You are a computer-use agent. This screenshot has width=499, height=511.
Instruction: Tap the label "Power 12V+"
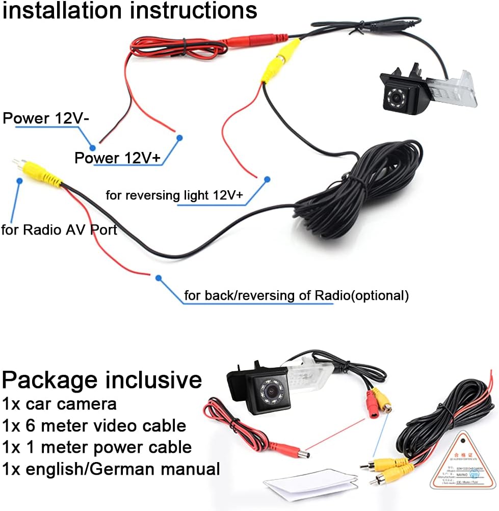click(x=118, y=158)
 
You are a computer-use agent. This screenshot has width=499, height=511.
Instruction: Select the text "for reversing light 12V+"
click(x=174, y=195)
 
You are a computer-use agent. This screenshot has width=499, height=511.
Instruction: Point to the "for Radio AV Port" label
click(x=59, y=230)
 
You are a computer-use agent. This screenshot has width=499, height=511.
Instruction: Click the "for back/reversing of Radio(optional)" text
click(x=296, y=295)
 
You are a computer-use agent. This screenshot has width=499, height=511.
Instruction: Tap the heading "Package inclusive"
click(x=102, y=380)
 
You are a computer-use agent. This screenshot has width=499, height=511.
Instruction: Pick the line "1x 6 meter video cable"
click(x=94, y=425)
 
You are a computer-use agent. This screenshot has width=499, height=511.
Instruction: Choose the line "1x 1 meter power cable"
click(x=97, y=447)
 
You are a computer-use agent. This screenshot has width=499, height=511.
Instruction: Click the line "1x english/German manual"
click(x=111, y=469)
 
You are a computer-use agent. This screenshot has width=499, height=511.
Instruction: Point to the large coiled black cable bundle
click(x=357, y=194)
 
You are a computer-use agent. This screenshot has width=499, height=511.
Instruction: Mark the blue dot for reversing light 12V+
click(x=266, y=179)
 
